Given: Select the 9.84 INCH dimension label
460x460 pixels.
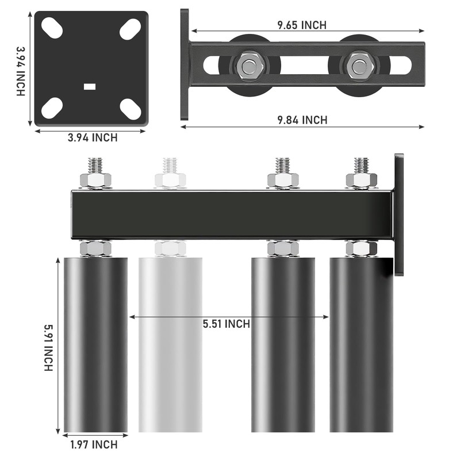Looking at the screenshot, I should point(302,120).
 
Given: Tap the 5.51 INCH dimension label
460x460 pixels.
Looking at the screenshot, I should point(226,324).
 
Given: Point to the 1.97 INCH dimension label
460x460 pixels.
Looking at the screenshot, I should point(94,444).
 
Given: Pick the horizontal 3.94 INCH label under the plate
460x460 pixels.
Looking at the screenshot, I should point(93,137).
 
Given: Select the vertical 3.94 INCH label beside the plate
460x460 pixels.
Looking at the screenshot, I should point(21,71).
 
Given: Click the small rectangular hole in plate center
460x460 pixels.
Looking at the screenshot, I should point(90,87).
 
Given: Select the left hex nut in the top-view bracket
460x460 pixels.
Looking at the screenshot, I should point(249,66).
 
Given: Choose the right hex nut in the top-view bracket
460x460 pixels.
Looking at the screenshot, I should point(359,65).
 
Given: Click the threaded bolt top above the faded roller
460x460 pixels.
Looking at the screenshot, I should point(170,165).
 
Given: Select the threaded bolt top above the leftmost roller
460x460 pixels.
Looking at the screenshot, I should point(95,165).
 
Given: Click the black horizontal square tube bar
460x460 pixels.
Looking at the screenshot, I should point(230,214).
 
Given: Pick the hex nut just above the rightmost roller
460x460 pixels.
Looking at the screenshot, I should point(361,248).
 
